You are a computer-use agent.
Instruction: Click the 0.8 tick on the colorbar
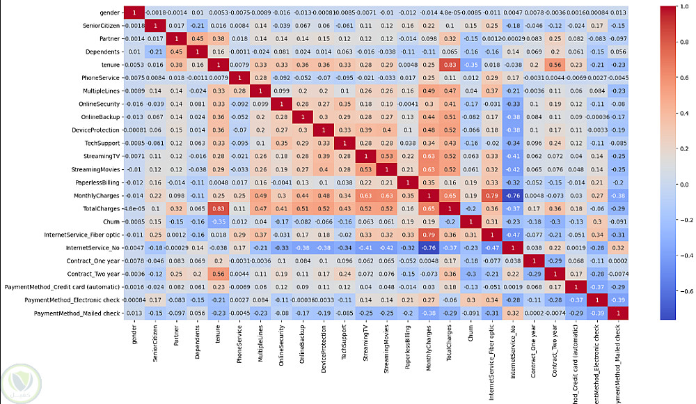click(669, 39)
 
